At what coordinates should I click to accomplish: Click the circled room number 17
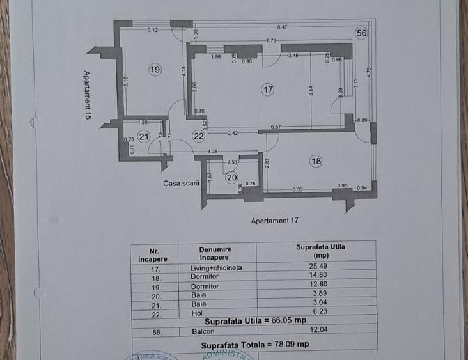(268, 90)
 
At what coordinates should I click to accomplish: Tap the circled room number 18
(316, 162)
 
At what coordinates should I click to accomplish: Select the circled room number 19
(155, 69)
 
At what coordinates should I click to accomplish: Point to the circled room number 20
(231, 178)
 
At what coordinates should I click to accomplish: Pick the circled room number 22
(199, 136)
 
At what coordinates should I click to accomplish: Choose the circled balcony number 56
(361, 34)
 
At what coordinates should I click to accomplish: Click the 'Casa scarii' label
(181, 183)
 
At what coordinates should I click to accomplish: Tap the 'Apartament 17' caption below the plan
(276, 220)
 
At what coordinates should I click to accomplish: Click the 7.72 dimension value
(272, 41)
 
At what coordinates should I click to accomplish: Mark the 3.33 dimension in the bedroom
(297, 189)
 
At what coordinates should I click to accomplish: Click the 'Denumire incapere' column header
(215, 254)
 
